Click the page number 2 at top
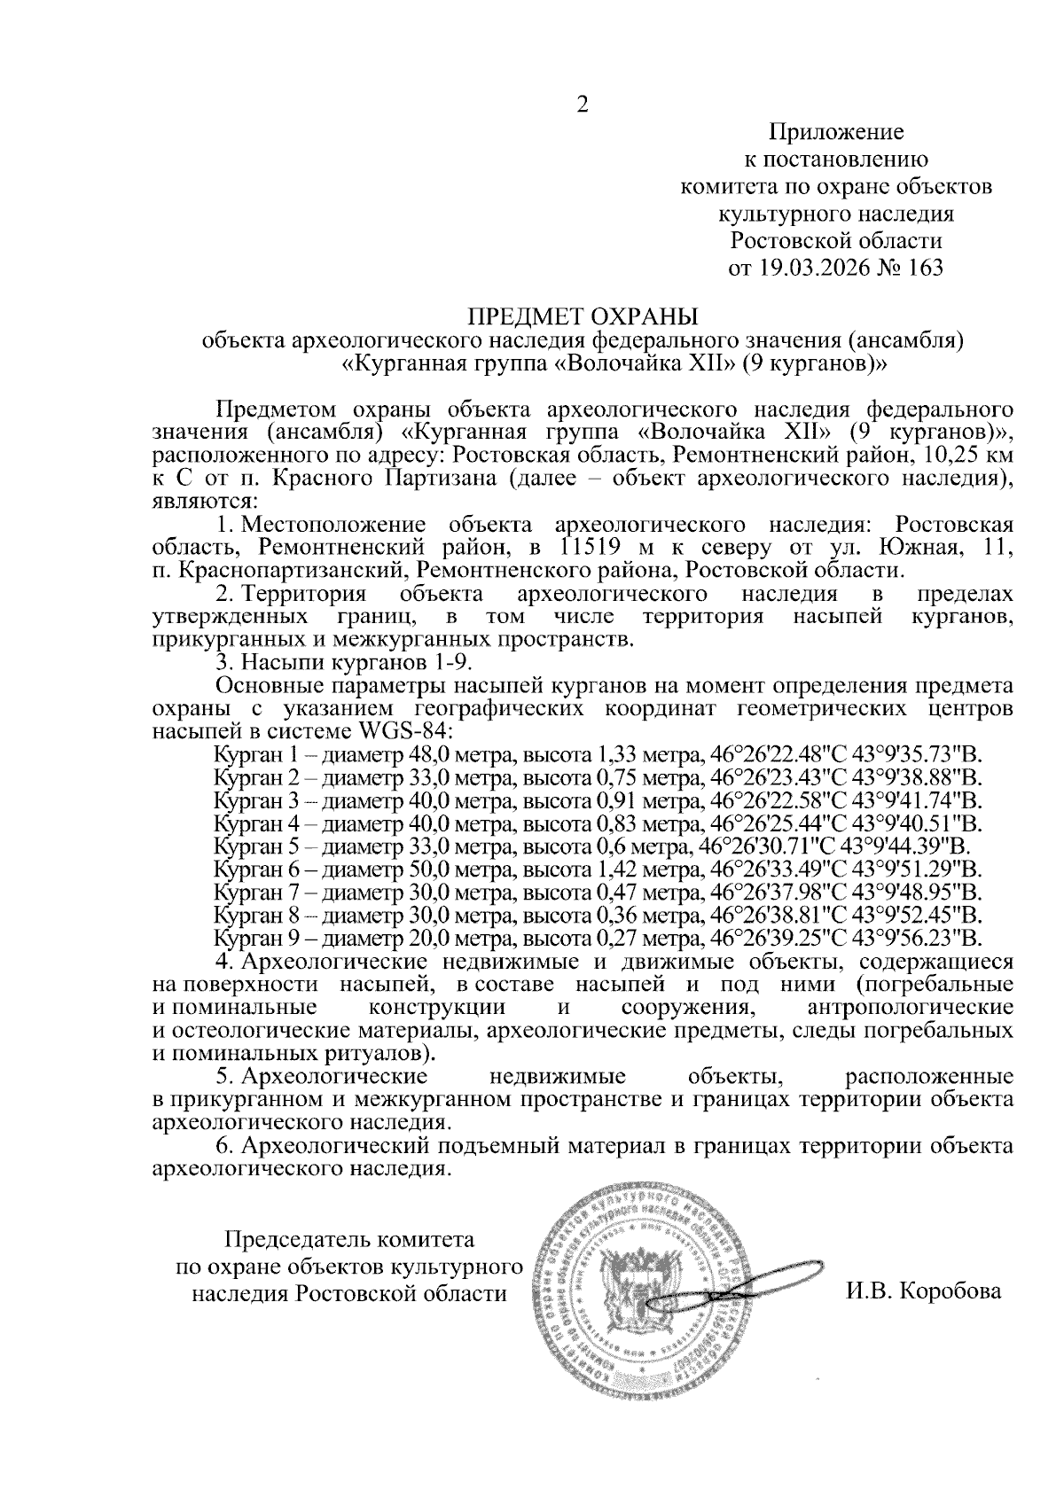click(583, 105)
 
